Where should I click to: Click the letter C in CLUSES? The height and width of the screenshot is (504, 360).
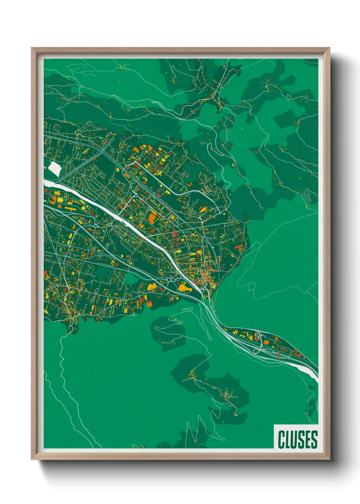coord(282,439)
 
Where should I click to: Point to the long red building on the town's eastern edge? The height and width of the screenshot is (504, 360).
coord(240,246)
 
